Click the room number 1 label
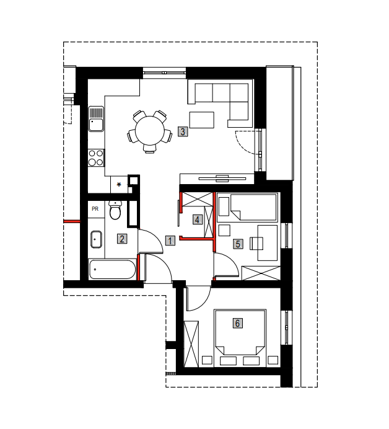click(170, 241)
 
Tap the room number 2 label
click(122, 239)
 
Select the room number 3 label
click(183, 131)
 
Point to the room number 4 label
click(198, 219)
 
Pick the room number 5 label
click(238, 244)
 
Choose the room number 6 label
click(237, 323)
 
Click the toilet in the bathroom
click(115, 210)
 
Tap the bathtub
click(112, 269)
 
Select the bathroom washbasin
click(96, 239)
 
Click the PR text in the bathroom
click(95, 209)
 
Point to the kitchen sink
click(96, 119)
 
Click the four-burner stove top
click(96, 158)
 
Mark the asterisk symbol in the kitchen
click(119, 185)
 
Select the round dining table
click(149, 131)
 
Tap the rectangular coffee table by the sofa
click(202, 120)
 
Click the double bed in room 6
click(240, 338)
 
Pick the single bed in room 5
click(247, 207)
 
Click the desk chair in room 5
click(256, 243)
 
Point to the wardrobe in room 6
click(191, 344)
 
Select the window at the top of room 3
click(164, 73)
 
